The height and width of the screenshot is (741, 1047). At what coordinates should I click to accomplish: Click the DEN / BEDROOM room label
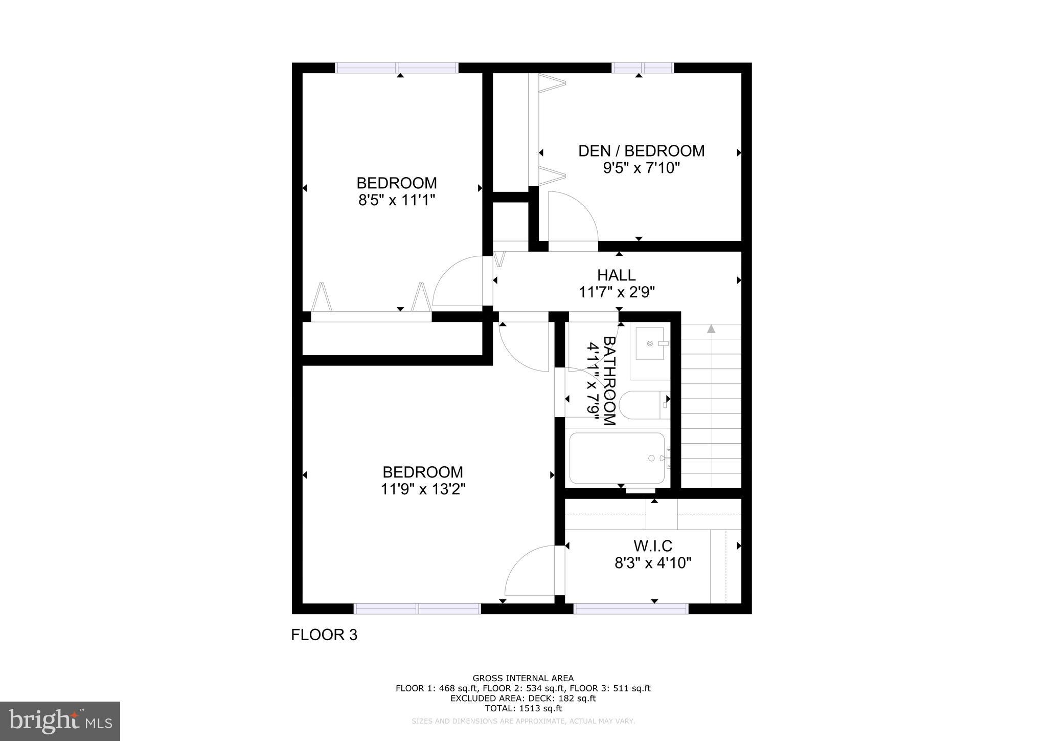641,151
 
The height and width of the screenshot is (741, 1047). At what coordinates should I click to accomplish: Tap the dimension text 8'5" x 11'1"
396,200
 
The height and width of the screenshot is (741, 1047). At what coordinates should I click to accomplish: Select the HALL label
617,275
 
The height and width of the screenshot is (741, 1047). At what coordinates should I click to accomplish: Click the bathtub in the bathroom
617,458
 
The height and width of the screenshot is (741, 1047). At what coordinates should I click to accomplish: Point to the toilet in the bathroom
642,405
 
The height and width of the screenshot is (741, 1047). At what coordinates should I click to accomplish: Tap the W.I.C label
653,546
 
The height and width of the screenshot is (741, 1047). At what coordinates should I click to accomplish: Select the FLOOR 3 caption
324,635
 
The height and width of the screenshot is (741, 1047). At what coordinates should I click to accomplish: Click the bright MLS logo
60,721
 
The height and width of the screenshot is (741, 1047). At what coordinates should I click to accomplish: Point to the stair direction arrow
711,329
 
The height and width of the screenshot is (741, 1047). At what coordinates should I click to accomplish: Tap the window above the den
643,68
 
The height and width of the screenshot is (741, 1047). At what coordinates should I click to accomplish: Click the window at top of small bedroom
396,68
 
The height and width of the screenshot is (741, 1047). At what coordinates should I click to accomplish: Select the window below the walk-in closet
631,608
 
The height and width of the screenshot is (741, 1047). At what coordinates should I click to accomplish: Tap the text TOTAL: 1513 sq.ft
523,708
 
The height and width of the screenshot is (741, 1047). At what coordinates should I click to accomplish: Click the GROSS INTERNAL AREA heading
523,679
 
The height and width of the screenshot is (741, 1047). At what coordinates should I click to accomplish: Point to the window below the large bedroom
417,608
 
